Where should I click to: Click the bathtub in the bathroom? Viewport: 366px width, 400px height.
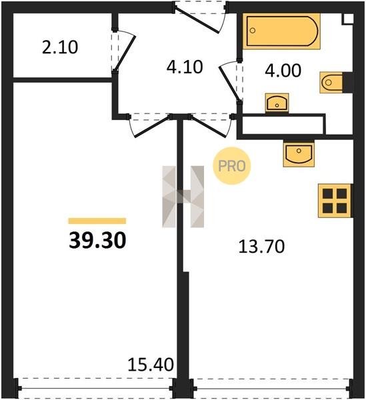[281, 31]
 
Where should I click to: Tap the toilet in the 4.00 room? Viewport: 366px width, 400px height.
[331, 83]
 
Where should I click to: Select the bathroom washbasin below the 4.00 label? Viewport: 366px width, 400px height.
[277, 103]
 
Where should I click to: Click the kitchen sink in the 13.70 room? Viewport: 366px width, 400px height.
[299, 154]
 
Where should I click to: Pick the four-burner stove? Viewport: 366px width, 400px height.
[335, 201]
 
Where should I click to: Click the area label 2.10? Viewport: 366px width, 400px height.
[60, 47]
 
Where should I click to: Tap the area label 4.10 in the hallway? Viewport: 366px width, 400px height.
[185, 67]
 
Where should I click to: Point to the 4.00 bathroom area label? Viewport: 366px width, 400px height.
[283, 71]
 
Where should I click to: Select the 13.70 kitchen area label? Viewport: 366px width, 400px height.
[261, 247]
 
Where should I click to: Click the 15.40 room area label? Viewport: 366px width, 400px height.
[151, 364]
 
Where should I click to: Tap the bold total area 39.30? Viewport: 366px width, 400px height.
[97, 240]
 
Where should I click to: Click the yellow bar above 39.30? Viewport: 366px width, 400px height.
[97, 221]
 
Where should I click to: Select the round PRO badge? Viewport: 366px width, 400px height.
[232, 166]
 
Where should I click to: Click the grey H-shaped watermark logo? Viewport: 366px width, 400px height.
[183, 197]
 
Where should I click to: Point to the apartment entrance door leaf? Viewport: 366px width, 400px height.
[197, 21]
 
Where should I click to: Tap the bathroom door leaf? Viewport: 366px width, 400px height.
[229, 83]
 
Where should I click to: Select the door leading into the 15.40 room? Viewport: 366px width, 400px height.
[152, 127]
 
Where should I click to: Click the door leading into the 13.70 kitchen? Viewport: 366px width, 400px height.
[209, 127]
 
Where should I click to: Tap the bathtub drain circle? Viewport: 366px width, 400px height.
[253, 31]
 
